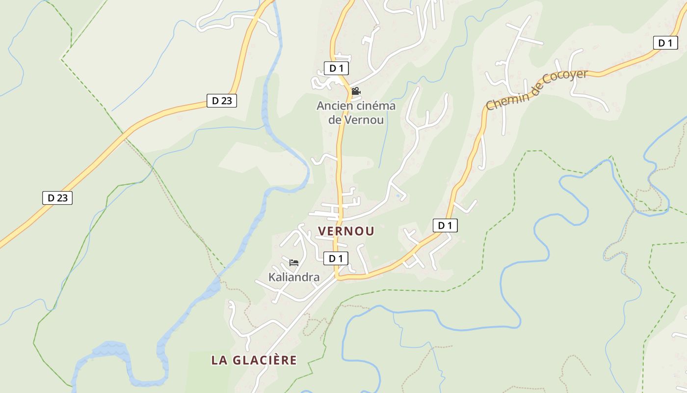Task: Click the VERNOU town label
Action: [346, 231]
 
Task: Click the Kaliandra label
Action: [294, 277]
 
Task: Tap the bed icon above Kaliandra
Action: [294, 262]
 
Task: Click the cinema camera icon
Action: [356, 91]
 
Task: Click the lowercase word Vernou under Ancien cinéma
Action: [364, 119]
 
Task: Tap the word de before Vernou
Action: [335, 119]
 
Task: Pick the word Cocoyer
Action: [565, 81]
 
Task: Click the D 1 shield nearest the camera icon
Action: [336, 68]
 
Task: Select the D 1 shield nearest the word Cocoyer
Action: [665, 43]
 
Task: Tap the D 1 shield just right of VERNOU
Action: [445, 225]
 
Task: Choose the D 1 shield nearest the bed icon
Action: [335, 258]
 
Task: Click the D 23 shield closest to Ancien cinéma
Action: [221, 101]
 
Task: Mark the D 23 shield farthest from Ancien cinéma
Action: [57, 198]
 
